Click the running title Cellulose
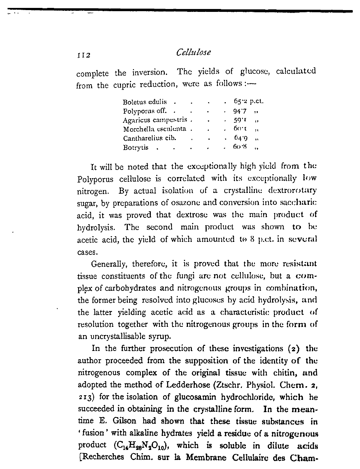point(193,53)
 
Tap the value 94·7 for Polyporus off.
point(239,111)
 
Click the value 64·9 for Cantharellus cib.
point(240,138)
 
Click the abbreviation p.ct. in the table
point(257,102)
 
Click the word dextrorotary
point(292,190)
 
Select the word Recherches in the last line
point(101,458)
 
